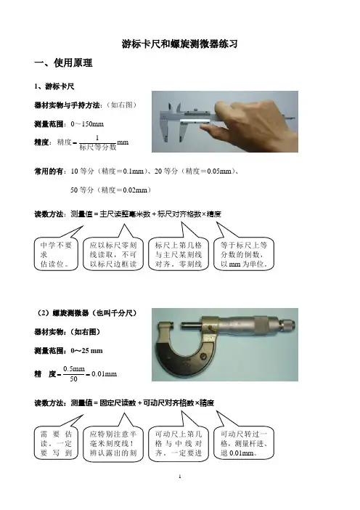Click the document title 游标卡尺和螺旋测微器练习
coord(179,44)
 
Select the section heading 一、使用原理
coord(63,62)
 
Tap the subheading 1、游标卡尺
coord(54,86)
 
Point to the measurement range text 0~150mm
coord(87,124)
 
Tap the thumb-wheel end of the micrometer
coord(287,324)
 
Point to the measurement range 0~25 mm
coord(86,351)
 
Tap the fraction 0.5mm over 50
coord(74,373)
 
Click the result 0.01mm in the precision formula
coord(104,374)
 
